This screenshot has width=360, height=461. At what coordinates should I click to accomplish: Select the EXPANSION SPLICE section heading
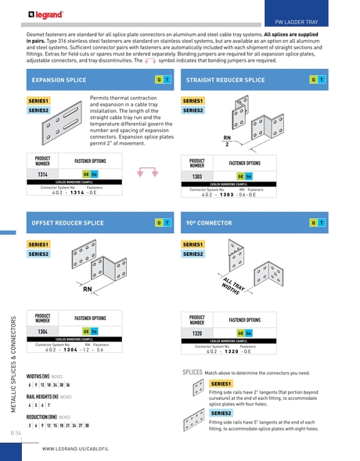[58, 80]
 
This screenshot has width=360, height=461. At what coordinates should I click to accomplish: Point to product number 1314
[43, 174]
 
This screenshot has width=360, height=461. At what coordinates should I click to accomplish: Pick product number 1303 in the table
[197, 177]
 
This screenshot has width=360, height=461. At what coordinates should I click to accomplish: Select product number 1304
[43, 332]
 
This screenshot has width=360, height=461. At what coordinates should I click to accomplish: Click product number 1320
[197, 333]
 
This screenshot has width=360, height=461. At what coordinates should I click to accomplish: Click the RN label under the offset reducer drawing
[88, 289]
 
